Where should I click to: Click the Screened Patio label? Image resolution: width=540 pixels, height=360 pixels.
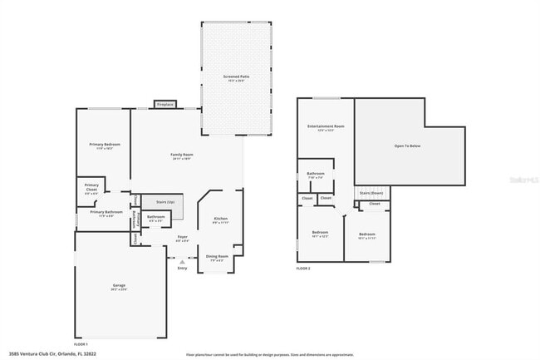236,76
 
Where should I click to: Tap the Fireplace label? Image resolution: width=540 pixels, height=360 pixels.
165,104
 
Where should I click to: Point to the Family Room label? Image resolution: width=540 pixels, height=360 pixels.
182,155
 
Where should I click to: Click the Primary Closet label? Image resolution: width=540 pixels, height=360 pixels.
91,187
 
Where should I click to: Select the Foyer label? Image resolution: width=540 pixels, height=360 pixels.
182,237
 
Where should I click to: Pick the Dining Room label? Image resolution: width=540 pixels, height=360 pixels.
218,256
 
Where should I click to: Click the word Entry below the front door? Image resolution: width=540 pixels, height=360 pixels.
182,268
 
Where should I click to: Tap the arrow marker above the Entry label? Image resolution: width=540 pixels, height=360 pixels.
182,261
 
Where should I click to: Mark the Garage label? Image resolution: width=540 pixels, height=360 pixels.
120,286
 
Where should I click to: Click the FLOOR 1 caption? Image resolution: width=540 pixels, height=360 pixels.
81,343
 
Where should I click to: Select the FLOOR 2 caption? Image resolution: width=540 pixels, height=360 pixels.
303,269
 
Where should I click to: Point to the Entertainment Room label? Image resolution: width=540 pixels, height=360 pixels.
326,126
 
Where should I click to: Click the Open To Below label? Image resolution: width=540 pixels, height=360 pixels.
408,145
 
